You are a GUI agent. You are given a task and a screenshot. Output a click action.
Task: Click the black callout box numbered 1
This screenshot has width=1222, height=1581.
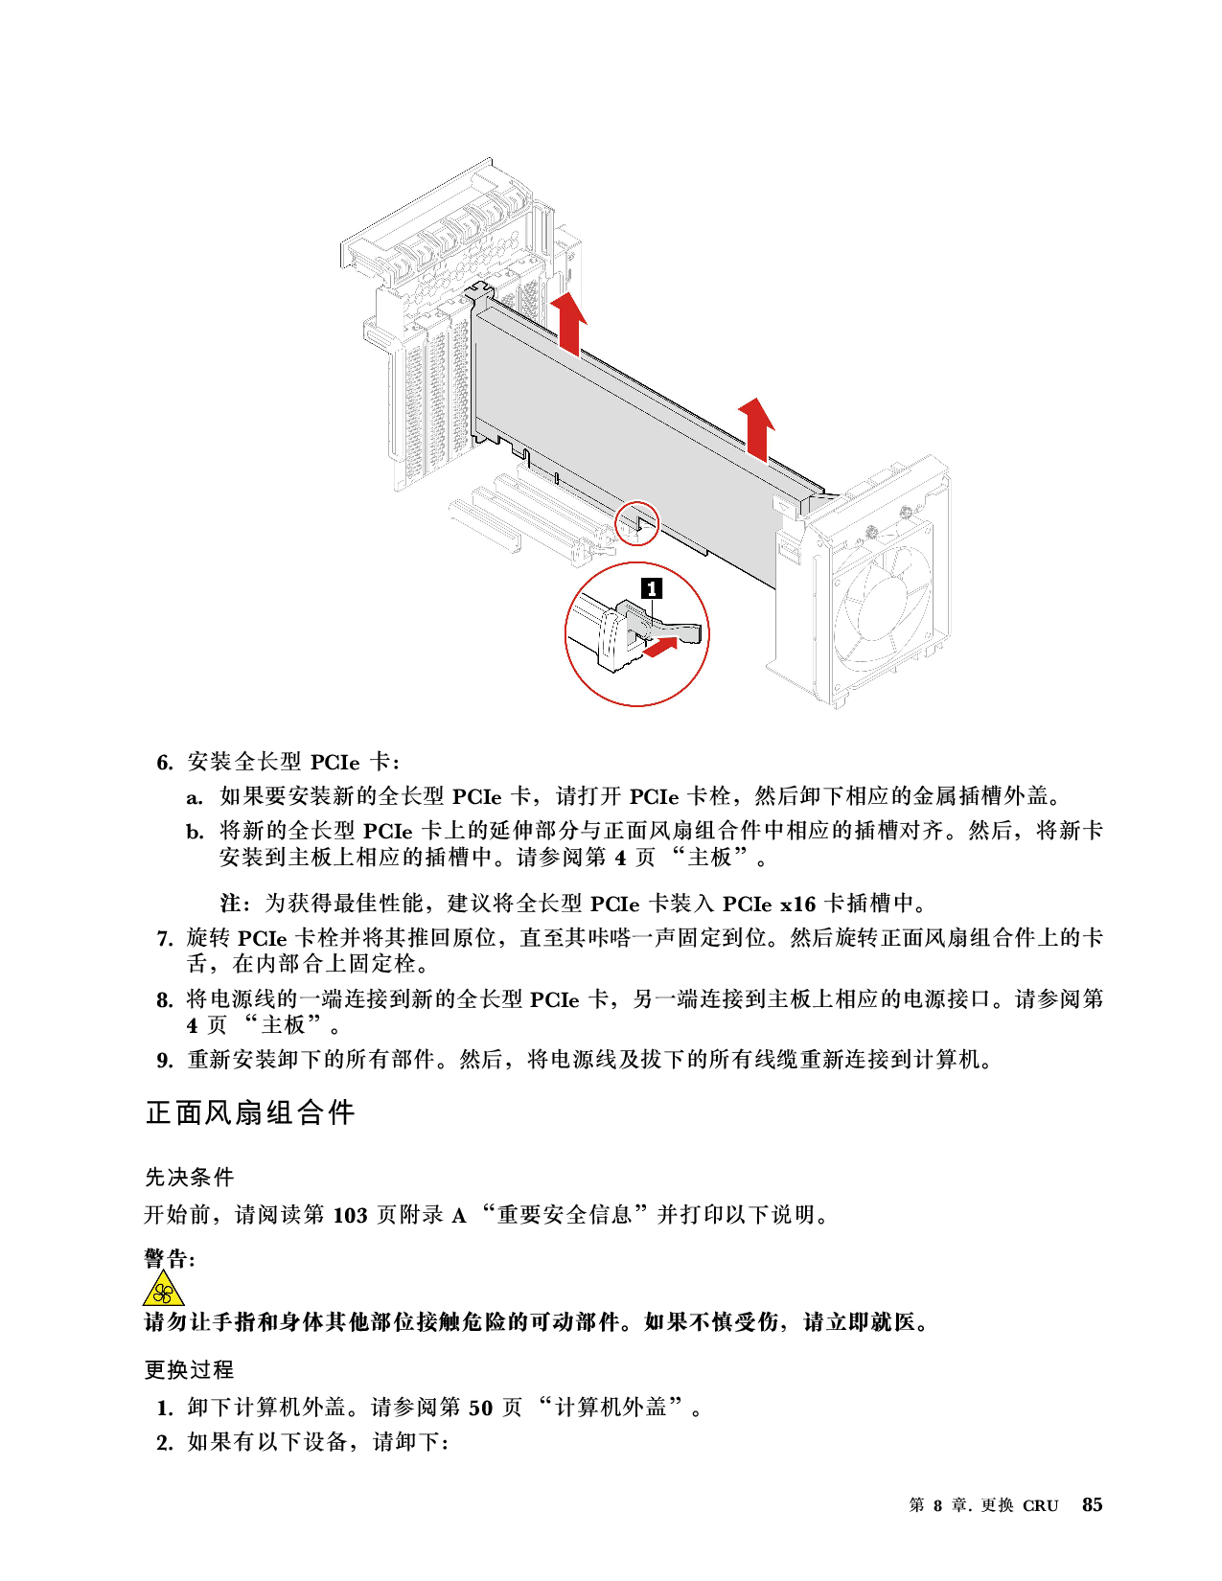[651, 588]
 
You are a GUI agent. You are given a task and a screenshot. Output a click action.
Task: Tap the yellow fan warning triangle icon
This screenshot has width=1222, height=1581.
[164, 1290]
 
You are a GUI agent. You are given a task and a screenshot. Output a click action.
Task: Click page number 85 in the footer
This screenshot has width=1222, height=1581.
[1092, 1504]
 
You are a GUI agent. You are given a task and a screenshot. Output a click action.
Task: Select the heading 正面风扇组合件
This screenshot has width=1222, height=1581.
[249, 1112]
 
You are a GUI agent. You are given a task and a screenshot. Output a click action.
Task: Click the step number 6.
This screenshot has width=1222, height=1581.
[165, 763]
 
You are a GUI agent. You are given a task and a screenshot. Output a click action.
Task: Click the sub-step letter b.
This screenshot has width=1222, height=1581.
[195, 831]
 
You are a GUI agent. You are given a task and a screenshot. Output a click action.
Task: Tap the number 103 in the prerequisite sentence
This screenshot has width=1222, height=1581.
[350, 1214]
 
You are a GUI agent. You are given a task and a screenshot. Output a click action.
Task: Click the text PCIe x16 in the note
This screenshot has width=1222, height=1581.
[769, 904]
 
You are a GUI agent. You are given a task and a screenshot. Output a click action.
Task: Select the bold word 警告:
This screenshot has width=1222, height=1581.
[170, 1258]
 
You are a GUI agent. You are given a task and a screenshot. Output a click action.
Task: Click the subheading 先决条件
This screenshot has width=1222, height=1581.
[189, 1177]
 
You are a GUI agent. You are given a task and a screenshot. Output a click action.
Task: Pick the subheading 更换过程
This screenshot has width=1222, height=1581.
[189, 1369]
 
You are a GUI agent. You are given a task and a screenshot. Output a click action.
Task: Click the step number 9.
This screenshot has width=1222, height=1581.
[165, 1060]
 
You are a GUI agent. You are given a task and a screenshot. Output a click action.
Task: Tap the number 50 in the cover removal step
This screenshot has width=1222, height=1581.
[480, 1408]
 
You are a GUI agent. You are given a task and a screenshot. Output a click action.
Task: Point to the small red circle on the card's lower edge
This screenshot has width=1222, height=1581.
[636, 522]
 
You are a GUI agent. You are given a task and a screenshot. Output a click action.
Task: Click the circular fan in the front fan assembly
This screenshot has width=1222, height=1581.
[882, 606]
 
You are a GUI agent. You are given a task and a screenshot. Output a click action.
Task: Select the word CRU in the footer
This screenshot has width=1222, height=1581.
[1040, 1505]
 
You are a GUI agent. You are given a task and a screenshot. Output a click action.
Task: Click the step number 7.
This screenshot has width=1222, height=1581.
[165, 939]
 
